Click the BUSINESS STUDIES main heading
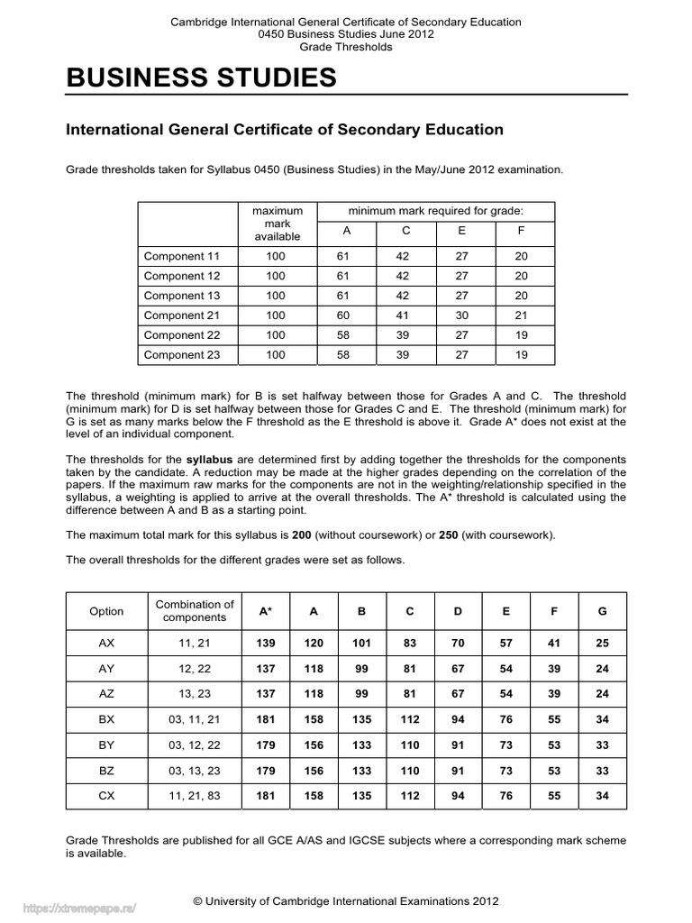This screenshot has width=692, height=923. tap(202, 79)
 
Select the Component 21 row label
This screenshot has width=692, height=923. tap(182, 315)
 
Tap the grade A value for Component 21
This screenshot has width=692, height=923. tap(347, 315)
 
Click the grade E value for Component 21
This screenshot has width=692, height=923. tap(462, 315)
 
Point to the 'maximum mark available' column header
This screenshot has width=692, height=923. tap(276, 224)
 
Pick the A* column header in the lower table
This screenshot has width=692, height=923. tap(266, 611)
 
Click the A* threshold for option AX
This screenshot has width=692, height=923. tap(266, 644)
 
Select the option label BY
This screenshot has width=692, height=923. tap(106, 746)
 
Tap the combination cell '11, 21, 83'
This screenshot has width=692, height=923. tap(195, 796)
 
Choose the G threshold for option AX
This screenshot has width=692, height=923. tap(603, 644)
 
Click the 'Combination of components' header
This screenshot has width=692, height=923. tap(195, 611)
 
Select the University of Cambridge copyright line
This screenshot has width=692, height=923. tap(346, 900)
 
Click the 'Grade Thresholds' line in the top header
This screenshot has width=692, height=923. tap(346, 47)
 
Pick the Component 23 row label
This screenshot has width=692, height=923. tap(182, 355)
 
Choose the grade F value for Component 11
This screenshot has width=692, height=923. tap(521, 256)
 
